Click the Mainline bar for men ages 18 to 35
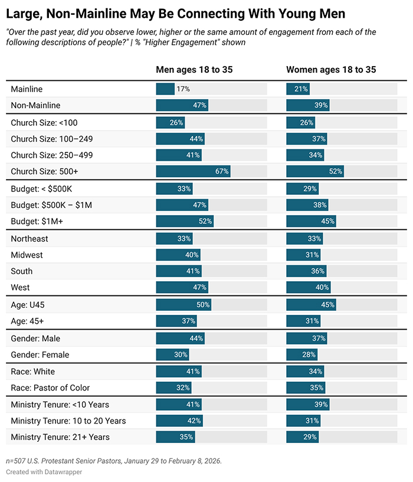[x=165, y=89]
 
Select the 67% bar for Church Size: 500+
[x=193, y=171]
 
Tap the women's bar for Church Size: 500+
[x=314, y=171]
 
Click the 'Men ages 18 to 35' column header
[x=194, y=70]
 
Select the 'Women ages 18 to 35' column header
[x=331, y=70]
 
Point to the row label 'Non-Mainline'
[x=35, y=105]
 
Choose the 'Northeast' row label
[x=29, y=239]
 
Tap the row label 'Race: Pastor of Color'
[x=50, y=387]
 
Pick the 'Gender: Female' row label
[x=40, y=355]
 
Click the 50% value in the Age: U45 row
[x=202, y=305]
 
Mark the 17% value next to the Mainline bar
[x=183, y=89]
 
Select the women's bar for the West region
[x=308, y=288]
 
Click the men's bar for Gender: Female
[x=172, y=355]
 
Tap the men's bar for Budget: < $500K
[x=173, y=188]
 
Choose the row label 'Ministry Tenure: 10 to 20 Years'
[x=68, y=421]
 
